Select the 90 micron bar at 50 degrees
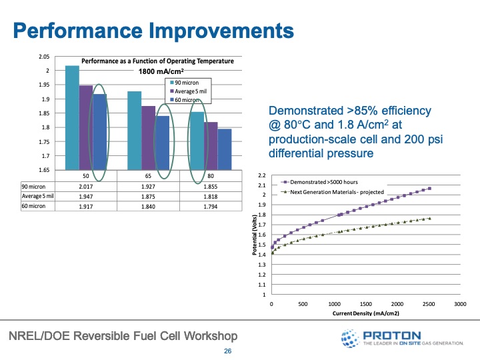[x=72, y=117]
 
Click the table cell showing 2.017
[x=87, y=187]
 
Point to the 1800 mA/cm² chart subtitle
[x=161, y=71]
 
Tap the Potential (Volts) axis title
[x=255, y=237]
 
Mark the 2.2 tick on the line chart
[x=262, y=175]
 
